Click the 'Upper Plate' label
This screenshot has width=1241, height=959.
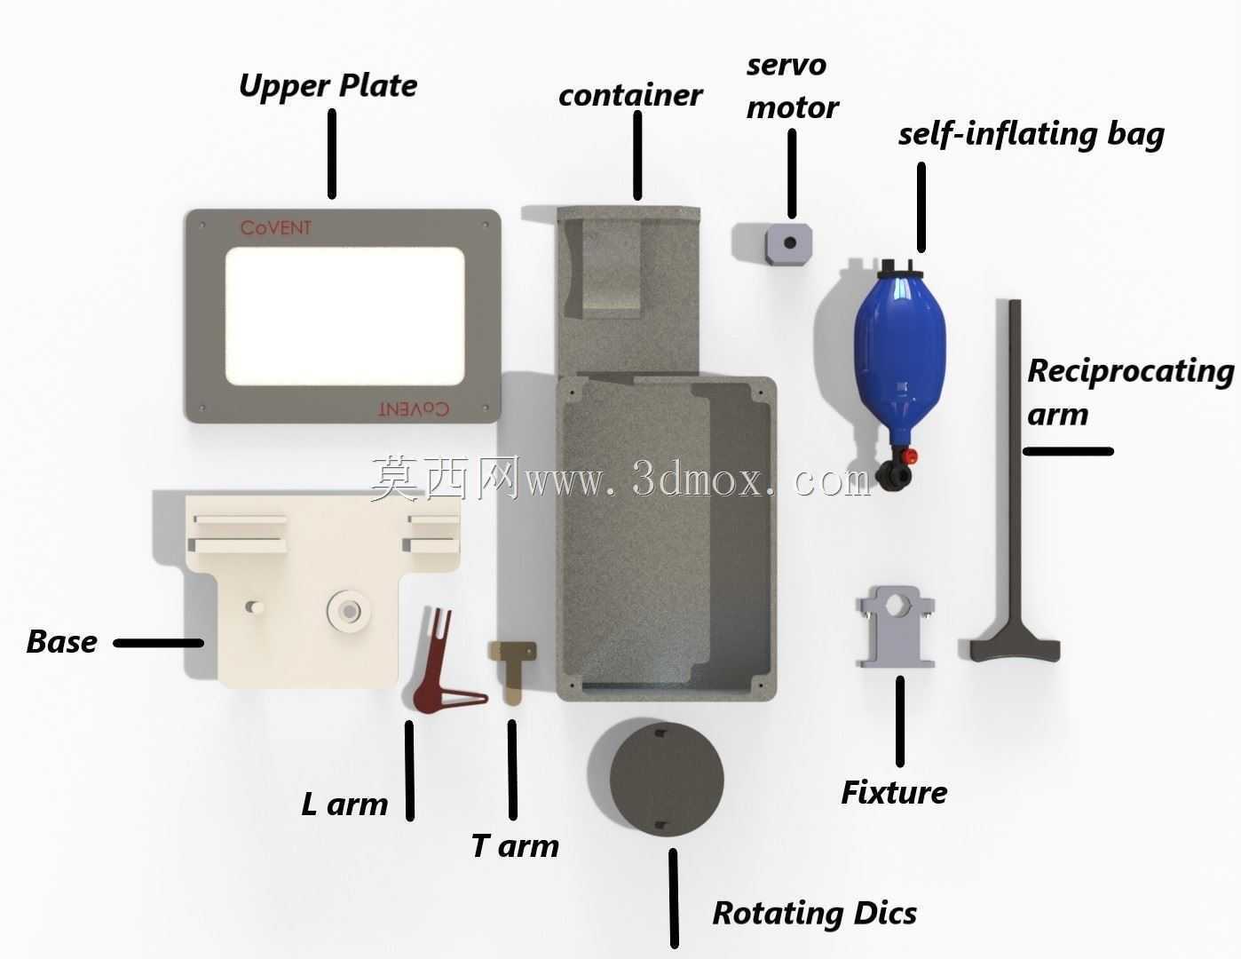coord(328,86)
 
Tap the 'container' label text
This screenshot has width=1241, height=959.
coord(630,95)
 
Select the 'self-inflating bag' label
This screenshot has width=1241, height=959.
coord(1032,135)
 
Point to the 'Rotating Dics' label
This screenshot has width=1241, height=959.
coord(814,913)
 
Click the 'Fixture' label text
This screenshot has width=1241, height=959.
coord(894,793)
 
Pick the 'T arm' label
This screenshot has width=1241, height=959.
coord(515,845)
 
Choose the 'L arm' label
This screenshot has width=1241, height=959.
coord(344,804)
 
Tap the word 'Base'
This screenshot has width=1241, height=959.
coord(61,641)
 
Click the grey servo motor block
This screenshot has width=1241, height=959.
coord(788,243)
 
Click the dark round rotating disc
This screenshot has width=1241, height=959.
coord(667,781)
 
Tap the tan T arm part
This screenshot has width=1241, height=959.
coord(512,671)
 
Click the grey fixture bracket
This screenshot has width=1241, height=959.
coord(895,627)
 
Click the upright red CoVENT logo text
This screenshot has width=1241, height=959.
coord(276,228)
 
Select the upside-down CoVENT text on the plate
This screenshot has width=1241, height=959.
coord(414,408)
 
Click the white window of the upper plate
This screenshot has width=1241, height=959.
coord(344,316)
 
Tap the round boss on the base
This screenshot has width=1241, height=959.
coord(348,611)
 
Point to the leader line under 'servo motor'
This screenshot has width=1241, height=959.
coord(792,174)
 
